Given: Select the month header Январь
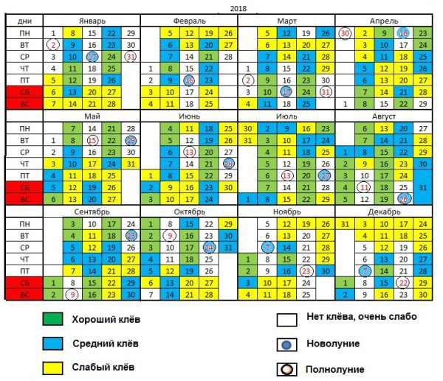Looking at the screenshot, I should coord(92,21).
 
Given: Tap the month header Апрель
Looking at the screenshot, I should coord(383,21).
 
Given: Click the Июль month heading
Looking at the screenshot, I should coord(285,116).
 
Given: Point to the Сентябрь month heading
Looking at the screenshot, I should coord(92,212).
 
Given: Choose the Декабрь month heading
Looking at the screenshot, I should coord(383,212).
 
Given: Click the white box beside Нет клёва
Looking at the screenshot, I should coord(289,320).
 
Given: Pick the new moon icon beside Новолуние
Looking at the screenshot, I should coord(289,344).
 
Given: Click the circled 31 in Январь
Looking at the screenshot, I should coord(131,57).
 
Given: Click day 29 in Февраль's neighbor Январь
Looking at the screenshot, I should coord(131,33).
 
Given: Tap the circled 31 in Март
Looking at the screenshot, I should coord(326,93).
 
